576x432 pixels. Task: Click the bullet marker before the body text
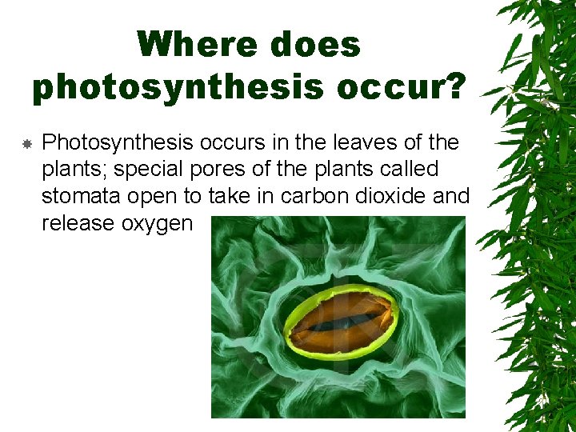click(26, 144)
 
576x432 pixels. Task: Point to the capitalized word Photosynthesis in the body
click(117, 143)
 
